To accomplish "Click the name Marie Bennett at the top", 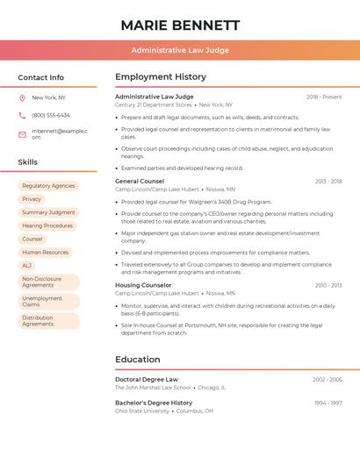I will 180,25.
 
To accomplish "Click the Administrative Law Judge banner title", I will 180,50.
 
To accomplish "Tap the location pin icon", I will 22,98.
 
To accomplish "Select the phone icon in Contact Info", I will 22,115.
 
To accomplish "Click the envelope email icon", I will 22,134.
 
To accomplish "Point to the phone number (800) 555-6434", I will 51,115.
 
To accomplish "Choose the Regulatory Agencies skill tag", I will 48,186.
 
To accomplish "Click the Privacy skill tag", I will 32,199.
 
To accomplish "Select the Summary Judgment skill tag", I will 48,212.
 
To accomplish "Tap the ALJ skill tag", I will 27,265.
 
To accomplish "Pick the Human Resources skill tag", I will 45,252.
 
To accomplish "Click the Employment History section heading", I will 161,77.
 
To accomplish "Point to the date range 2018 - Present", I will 324,97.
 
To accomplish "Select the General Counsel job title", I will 140,182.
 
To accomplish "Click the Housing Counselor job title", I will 143,285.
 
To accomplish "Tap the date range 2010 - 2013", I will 328,285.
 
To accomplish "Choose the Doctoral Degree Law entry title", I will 147,380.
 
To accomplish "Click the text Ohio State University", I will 142,411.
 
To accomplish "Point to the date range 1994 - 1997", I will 328,403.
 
